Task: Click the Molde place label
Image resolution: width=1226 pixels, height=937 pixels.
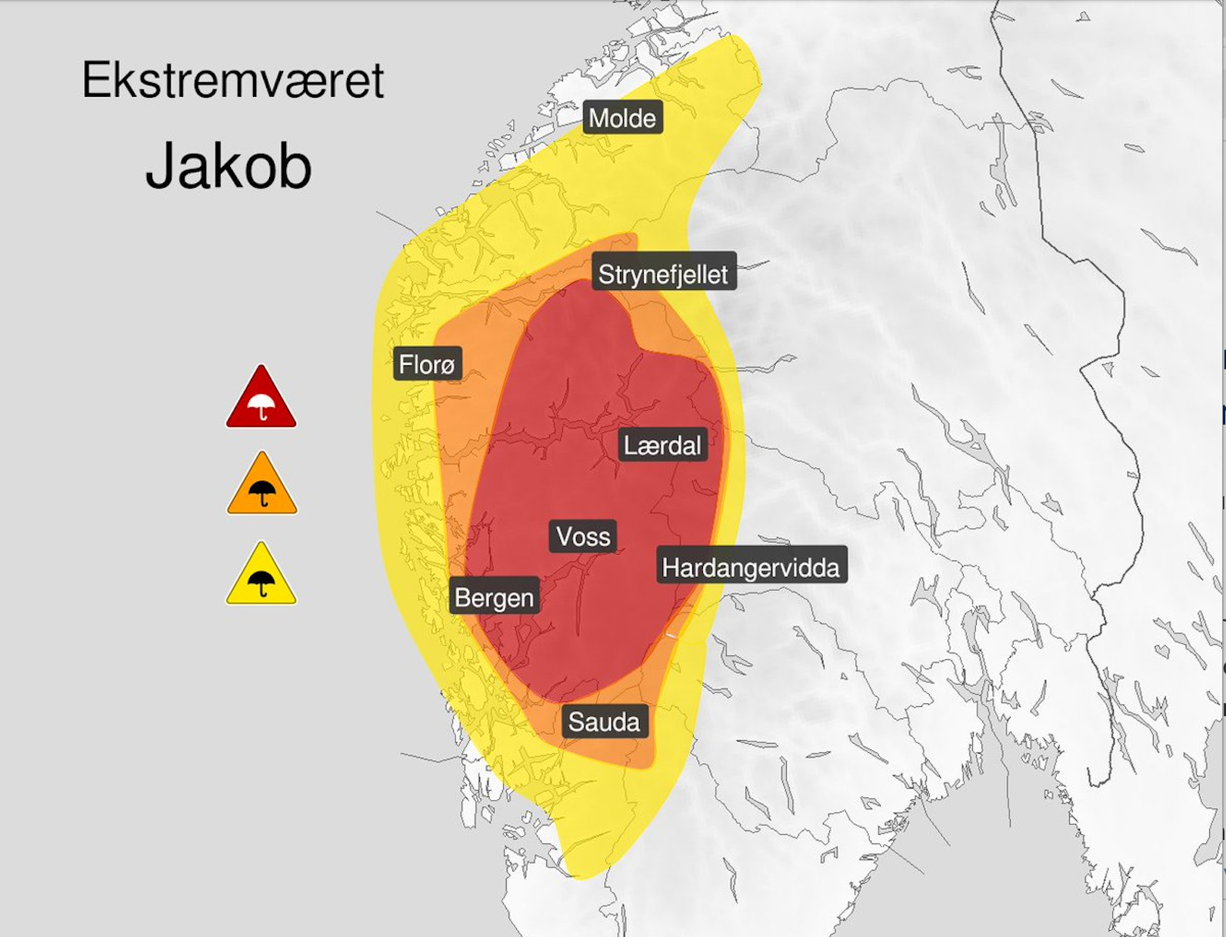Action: click(622, 118)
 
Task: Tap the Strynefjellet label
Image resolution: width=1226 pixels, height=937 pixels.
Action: click(663, 274)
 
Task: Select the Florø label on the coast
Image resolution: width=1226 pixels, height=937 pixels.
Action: click(427, 363)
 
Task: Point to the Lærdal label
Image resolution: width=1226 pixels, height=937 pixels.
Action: click(662, 445)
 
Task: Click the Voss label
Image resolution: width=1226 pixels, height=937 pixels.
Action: click(583, 536)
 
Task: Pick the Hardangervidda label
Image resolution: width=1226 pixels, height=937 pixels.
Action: click(751, 568)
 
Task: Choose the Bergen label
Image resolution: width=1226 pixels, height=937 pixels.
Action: click(494, 598)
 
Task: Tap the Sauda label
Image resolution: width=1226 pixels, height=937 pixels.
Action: click(604, 722)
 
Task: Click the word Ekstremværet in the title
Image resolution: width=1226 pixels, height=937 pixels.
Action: click(232, 80)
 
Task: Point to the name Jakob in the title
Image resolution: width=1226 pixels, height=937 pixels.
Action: click(228, 166)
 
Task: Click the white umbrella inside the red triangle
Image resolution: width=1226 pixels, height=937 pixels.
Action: click(262, 405)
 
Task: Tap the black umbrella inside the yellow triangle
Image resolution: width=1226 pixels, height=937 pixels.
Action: click(262, 582)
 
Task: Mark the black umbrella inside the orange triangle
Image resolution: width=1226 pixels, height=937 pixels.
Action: click(262, 492)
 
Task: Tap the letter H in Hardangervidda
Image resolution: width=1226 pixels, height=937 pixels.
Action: click(670, 568)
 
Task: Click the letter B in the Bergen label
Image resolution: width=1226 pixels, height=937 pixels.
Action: click(462, 598)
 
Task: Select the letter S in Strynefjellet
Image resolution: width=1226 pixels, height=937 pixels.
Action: click(606, 274)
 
